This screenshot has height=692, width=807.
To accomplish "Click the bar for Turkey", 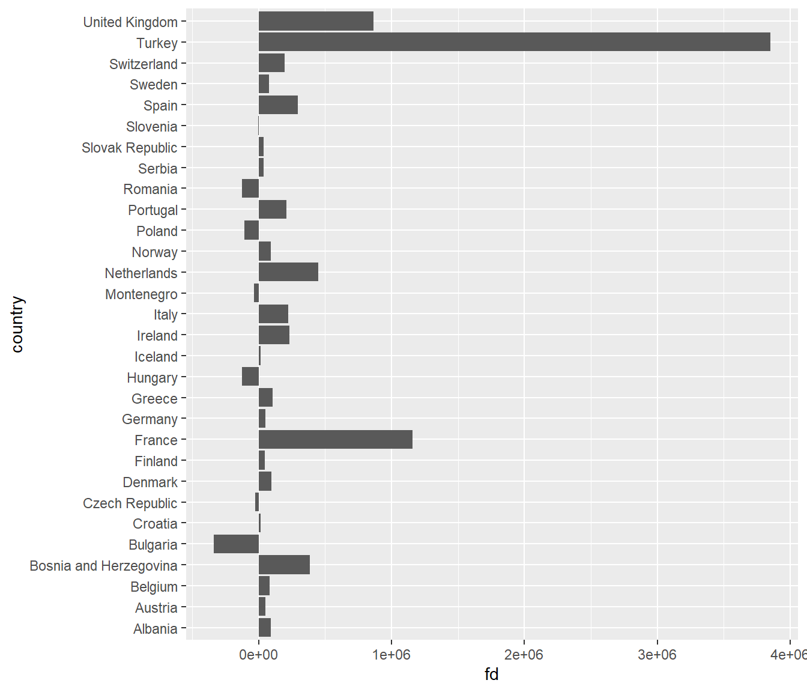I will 514,43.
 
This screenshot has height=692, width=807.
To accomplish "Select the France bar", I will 335,440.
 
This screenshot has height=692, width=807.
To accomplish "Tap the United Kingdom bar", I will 316,22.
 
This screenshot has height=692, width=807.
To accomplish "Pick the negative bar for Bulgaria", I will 236,544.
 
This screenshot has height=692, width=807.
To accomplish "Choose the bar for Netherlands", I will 288,272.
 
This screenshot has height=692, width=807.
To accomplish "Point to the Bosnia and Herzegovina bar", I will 284,565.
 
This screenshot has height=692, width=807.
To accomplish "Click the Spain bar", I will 278,105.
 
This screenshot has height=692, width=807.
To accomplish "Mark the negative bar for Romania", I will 250,189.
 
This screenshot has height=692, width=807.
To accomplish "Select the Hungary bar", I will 250,377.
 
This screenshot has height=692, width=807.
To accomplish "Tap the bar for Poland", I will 252,231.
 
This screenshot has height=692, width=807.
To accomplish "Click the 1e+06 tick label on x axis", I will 391,655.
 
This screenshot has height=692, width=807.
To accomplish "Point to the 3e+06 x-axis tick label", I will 657,655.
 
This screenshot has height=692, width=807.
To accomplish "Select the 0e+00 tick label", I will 259,655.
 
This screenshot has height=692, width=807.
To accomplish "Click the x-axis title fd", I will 491,675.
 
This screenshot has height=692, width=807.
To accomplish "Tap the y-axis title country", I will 17,324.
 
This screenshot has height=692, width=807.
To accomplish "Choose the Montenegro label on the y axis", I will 141,294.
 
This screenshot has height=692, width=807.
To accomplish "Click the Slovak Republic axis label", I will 129,148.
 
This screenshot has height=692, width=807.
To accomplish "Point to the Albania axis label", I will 155,629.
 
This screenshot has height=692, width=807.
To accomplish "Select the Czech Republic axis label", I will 130,503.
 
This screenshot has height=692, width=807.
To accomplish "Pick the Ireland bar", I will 274,335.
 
